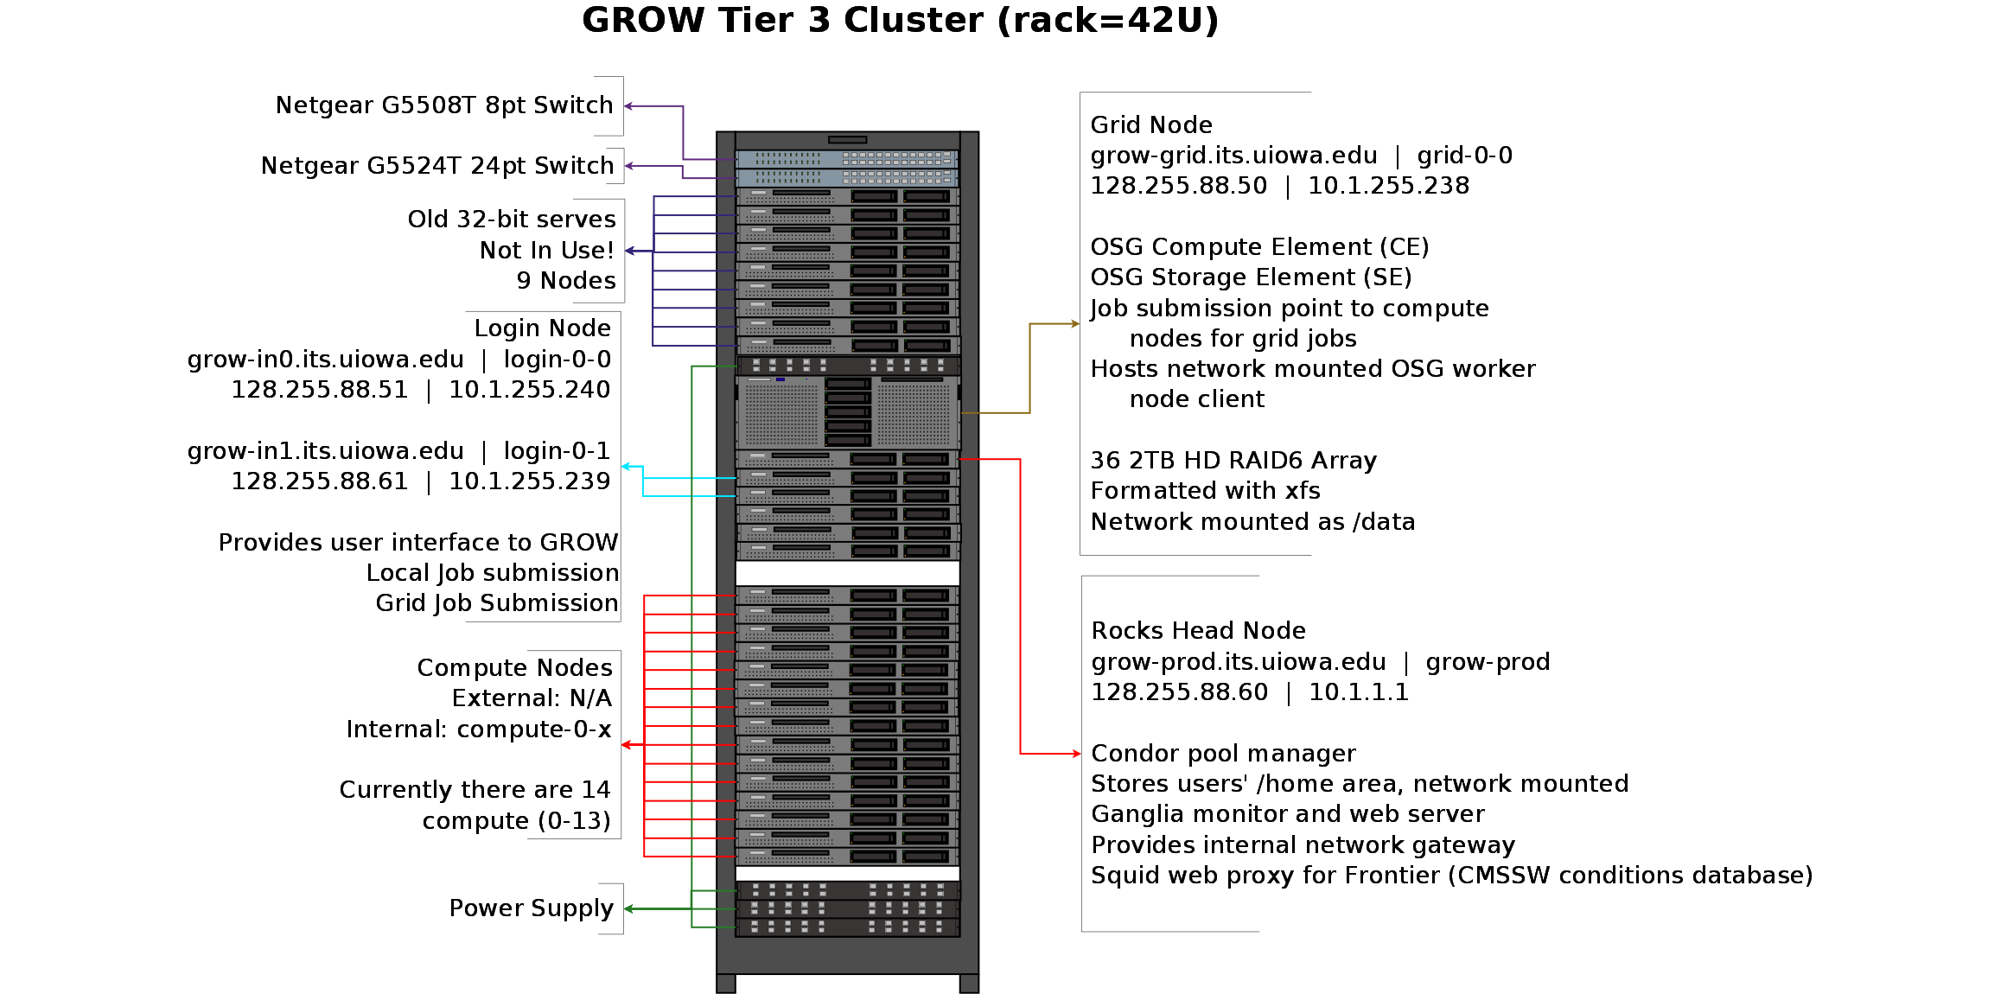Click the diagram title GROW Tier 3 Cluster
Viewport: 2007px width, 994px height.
point(899,21)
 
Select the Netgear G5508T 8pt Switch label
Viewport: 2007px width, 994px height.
point(443,105)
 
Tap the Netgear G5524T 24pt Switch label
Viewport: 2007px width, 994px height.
point(436,166)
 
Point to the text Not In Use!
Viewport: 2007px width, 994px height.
point(546,251)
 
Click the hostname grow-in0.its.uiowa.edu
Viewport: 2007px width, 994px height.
point(325,360)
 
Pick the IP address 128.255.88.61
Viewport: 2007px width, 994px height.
point(319,481)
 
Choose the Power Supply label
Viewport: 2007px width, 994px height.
point(531,908)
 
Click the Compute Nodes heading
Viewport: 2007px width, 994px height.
point(514,668)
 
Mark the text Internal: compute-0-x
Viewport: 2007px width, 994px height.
point(478,730)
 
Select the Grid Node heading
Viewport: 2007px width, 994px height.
point(1150,125)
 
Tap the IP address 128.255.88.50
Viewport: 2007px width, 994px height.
point(1178,186)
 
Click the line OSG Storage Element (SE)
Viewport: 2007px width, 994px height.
point(1250,277)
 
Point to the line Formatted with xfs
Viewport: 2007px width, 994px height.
point(1205,491)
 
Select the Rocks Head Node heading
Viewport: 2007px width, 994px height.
point(1198,631)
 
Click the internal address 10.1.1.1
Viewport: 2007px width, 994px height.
point(1358,692)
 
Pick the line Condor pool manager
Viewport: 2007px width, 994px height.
point(1223,754)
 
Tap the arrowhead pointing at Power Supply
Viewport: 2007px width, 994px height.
point(628,908)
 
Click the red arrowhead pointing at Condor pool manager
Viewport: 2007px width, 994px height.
point(1076,754)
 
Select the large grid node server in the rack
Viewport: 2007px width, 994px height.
point(847,412)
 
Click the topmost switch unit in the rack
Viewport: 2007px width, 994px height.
point(847,159)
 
